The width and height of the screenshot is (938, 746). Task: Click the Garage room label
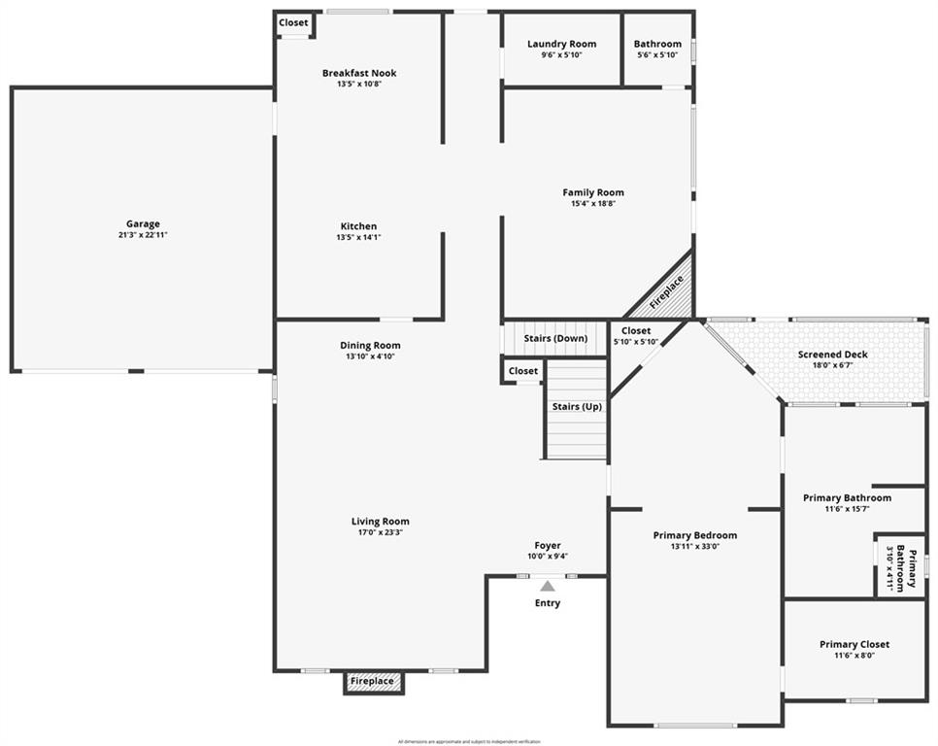point(143,224)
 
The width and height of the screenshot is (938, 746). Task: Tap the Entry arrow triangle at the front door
point(548,586)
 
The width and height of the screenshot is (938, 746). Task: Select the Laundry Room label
point(561,44)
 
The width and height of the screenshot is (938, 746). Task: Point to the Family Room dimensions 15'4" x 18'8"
point(593,204)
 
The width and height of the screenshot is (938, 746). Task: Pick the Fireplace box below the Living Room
point(373,682)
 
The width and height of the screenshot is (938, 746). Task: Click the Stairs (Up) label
point(577,406)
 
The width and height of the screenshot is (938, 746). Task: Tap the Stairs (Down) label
point(555,338)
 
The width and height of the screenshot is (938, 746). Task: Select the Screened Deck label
point(832,355)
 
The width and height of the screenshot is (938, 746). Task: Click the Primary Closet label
point(854,644)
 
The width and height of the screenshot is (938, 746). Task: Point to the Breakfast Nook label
point(359,73)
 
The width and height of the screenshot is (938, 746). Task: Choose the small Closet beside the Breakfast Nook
point(293,22)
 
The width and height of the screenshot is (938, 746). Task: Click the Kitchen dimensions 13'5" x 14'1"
point(358,237)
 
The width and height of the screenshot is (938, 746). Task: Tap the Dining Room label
point(370,345)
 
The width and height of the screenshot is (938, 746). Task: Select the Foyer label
point(548,545)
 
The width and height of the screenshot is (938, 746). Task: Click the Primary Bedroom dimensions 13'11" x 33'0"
point(694,546)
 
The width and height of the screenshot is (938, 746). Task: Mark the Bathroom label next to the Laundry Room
point(657,44)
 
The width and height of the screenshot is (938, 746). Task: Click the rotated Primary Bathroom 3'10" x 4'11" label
point(898,565)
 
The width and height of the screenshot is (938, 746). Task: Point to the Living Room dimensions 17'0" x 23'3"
point(380,532)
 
